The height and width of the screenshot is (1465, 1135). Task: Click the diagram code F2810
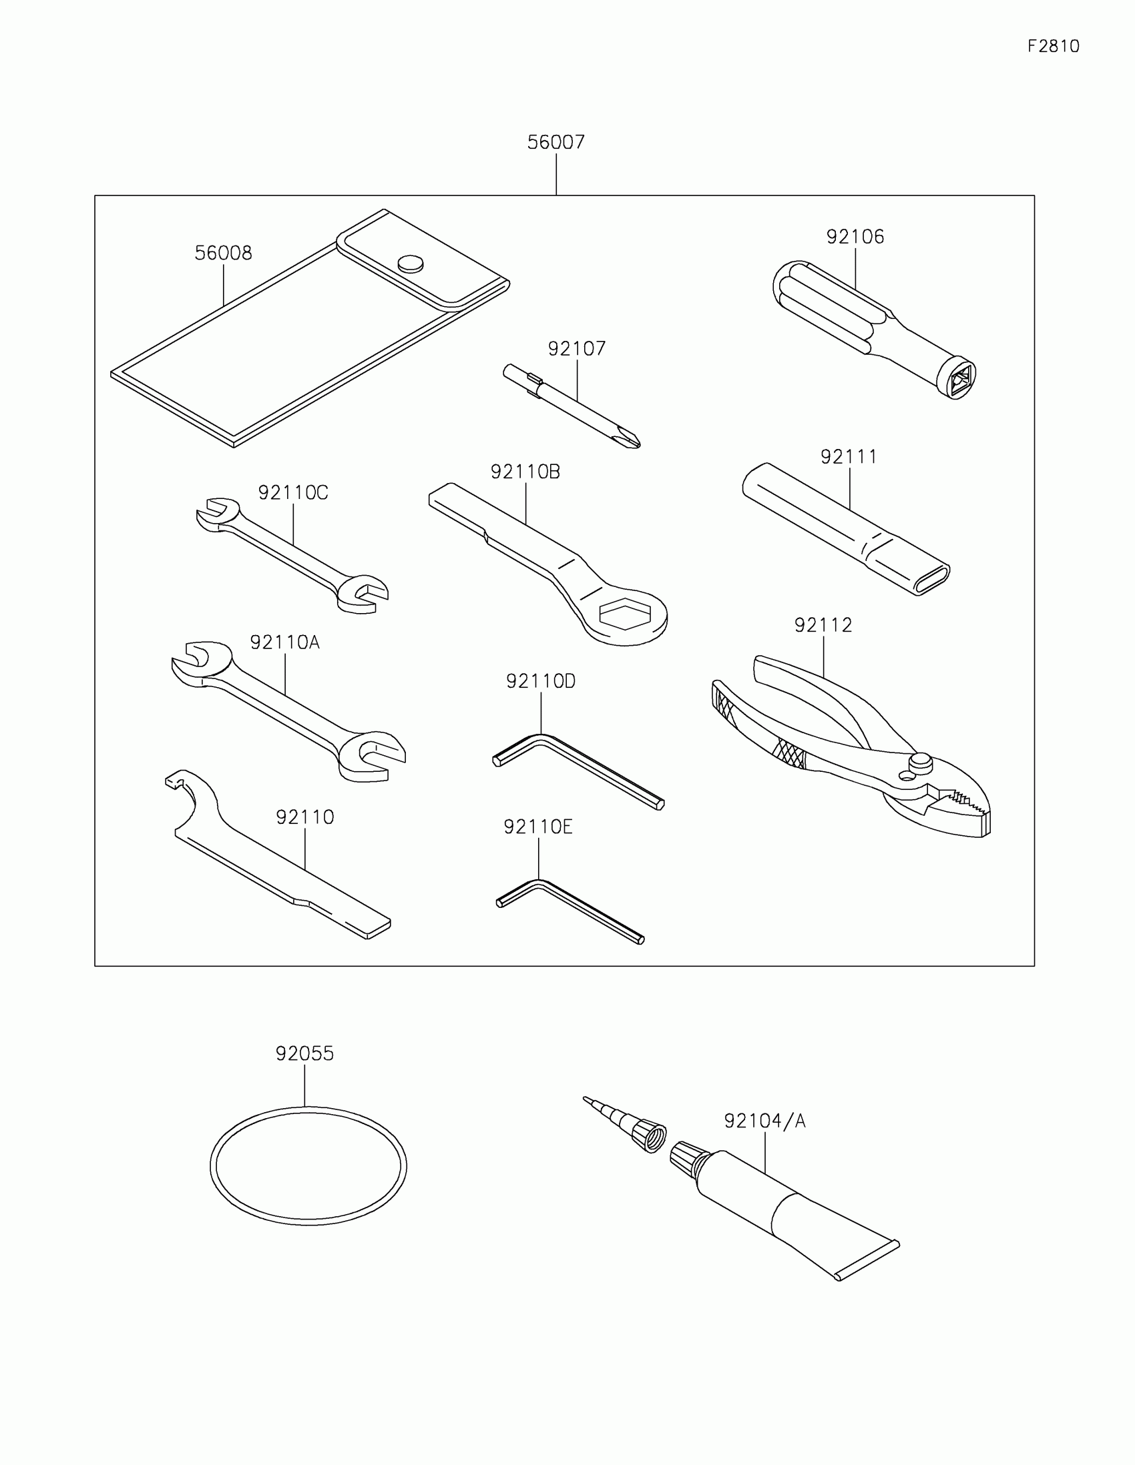tap(1053, 46)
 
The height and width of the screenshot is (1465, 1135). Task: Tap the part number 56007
tap(555, 142)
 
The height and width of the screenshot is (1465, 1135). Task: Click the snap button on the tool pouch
tap(410, 264)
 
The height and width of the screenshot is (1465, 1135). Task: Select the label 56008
tap(223, 253)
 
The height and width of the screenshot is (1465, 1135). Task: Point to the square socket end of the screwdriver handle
tap(959, 379)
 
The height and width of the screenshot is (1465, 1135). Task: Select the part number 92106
tap(855, 237)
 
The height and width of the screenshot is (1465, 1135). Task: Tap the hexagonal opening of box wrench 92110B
tap(625, 613)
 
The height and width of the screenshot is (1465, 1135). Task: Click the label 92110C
tap(292, 493)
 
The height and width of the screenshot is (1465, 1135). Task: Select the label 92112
tap(823, 625)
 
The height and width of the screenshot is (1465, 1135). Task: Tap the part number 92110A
tap(284, 642)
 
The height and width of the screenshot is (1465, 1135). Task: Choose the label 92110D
tap(540, 682)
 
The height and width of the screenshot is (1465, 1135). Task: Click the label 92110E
tap(537, 827)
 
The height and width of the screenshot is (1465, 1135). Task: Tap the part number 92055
tap(304, 1054)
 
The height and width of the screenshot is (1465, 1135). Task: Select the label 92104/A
tap(764, 1121)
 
